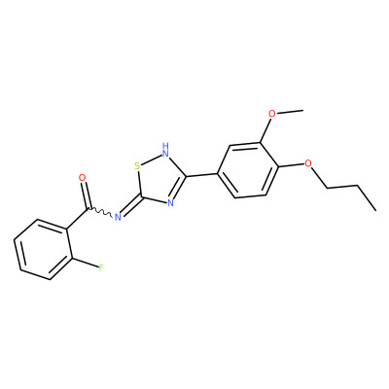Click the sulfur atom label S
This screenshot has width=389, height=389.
point(138,166)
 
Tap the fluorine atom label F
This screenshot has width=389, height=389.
point(101,267)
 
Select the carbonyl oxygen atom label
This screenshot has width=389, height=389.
point(83,178)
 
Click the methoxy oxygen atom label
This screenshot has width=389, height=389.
point(272,114)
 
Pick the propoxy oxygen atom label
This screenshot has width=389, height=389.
point(308,162)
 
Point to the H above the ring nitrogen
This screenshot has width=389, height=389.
point(166,145)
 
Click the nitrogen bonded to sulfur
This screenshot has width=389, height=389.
point(165,153)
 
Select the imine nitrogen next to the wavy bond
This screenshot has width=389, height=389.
point(118,217)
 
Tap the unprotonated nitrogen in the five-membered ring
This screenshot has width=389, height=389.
point(171,203)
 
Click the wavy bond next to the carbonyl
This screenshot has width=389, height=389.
point(100,212)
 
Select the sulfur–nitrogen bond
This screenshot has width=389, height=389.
point(152,159)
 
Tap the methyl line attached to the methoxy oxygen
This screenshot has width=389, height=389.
point(290,112)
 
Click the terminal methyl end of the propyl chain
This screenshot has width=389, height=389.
point(375,210)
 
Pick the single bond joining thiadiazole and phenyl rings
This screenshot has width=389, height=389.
point(201,175)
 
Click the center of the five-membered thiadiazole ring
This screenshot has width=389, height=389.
point(159,180)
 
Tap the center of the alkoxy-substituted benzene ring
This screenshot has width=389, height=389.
point(248,170)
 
